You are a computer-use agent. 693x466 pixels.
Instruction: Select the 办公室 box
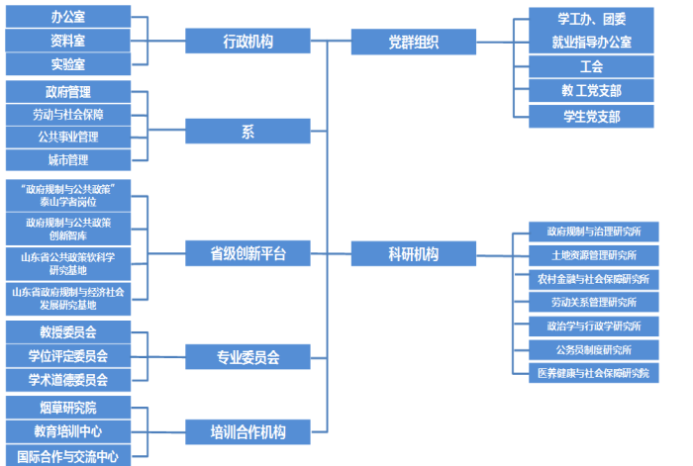67,17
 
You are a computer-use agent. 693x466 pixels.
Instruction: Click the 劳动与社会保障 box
67,115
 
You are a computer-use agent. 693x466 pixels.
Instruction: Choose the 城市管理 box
67,160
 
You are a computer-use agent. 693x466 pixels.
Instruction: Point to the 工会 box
591,67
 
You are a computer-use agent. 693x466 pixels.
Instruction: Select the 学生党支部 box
591,117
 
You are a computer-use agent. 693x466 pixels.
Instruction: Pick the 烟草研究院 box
67,408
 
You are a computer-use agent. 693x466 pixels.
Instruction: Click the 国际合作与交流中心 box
67,456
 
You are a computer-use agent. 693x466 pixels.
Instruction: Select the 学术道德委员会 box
67,380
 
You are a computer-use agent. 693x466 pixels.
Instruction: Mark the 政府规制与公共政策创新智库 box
67,230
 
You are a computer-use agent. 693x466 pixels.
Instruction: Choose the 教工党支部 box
591,91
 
